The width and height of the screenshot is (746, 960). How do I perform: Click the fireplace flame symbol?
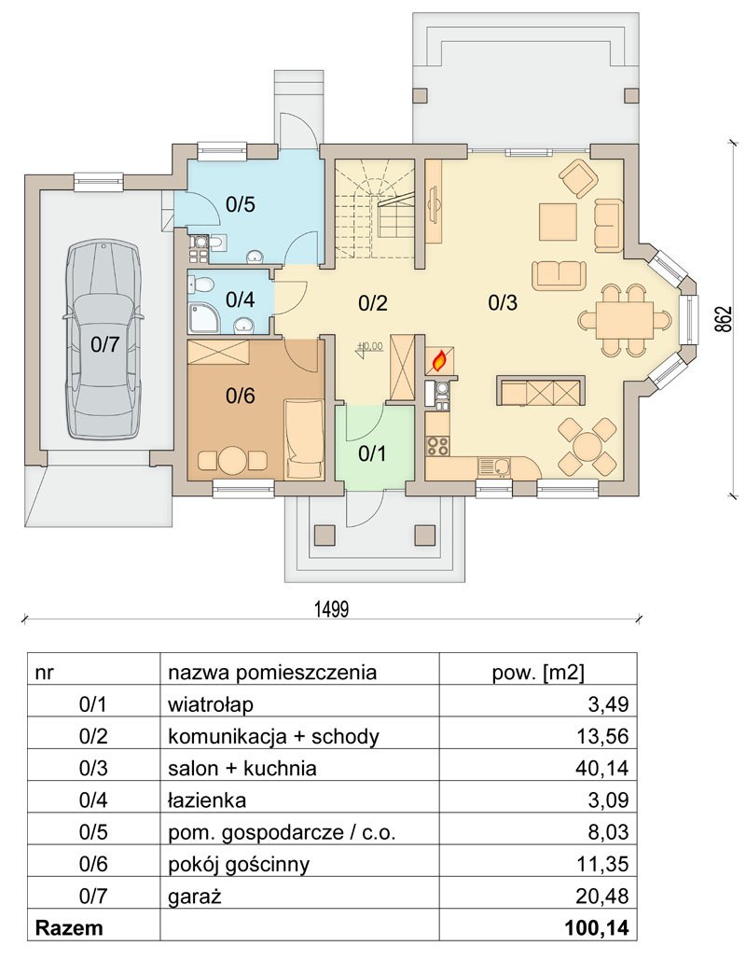tap(438, 362)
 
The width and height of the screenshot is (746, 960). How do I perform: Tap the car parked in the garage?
tap(102, 340)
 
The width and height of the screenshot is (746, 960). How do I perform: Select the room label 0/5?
tap(240, 204)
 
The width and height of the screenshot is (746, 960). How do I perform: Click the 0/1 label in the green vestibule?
tap(372, 453)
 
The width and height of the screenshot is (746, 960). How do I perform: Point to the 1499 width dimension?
tap(331, 609)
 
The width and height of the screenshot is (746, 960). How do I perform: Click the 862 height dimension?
tap(724, 319)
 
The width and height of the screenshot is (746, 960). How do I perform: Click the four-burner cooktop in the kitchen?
tap(437, 446)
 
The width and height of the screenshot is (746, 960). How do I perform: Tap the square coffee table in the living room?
tap(558, 222)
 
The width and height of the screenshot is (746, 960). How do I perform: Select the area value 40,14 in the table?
tap(601, 768)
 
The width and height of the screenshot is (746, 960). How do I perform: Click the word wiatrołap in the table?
tap(211, 704)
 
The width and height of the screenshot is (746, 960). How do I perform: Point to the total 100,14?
tap(597, 927)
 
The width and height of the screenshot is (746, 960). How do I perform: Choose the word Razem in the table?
tap(69, 927)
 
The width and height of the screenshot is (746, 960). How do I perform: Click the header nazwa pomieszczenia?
tap(272, 673)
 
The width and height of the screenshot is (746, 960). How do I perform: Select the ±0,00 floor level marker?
tap(369, 347)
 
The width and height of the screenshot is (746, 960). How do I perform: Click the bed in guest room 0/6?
tap(304, 438)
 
